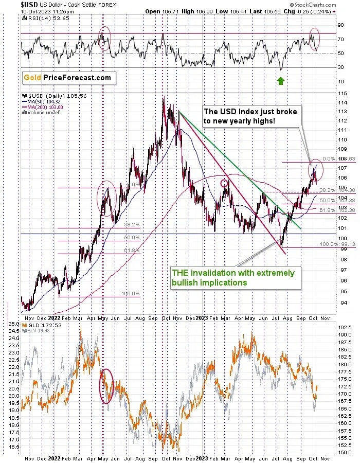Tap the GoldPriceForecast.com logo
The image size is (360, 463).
pyautogui.click(x=67, y=78)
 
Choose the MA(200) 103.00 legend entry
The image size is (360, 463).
pyautogui.click(x=44, y=107)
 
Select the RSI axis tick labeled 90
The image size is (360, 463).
pyautogui.click(x=340, y=25)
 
